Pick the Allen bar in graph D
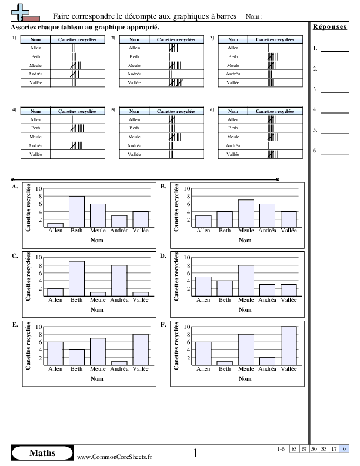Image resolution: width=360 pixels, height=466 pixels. [204, 286]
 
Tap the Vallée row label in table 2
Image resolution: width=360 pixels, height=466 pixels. [134, 84]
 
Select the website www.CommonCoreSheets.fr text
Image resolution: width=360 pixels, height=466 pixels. [115, 457]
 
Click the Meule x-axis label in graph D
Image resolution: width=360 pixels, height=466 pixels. [246, 299]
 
